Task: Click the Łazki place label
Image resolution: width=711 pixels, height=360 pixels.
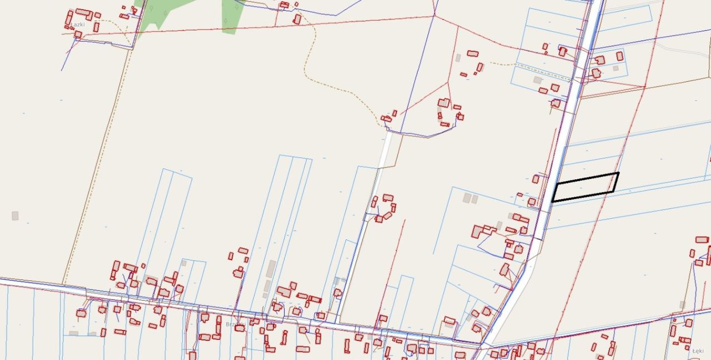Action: click(x=77, y=24)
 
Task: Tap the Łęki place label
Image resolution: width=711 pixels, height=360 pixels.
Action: click(x=698, y=351)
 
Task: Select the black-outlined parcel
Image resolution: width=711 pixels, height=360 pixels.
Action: click(x=586, y=187)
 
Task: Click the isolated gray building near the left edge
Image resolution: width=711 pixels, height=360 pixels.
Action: click(x=15, y=216)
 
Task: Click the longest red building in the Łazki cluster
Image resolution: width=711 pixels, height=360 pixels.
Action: click(x=83, y=12)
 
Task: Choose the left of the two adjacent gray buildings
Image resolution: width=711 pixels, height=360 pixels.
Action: click(x=467, y=198)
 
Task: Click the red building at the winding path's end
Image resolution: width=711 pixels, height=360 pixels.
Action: click(x=386, y=118)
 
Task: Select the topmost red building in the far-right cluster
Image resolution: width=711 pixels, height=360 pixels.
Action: click(x=702, y=240)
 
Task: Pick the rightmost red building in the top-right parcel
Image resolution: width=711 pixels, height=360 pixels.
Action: click(x=620, y=56)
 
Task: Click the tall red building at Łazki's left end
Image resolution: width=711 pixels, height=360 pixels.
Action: click(x=69, y=17)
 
